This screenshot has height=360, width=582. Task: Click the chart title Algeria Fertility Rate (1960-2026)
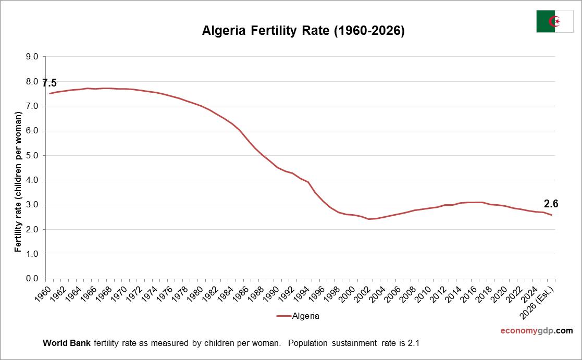303,31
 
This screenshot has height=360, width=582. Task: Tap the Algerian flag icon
554,21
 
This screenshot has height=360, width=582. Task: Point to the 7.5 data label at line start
49,83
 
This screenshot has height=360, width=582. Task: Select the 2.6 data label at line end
551,204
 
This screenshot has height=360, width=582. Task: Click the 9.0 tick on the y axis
32,57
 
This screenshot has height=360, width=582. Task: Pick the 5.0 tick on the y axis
32,155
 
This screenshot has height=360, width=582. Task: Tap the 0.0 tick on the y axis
32,279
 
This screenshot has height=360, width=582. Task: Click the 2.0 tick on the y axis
32,229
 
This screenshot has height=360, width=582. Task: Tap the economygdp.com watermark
537,331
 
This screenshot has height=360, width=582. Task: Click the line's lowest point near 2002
369,219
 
